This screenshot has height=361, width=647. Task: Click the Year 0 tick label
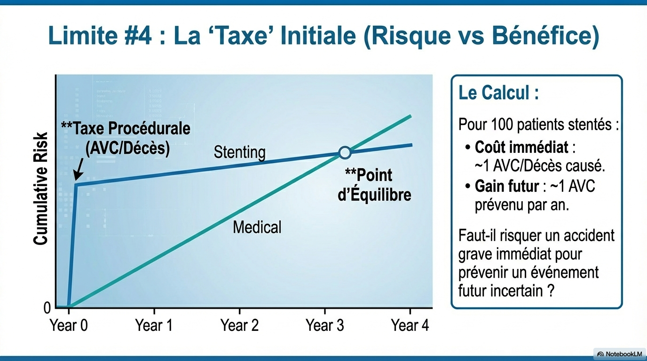(69, 325)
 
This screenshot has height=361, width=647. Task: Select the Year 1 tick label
(154, 325)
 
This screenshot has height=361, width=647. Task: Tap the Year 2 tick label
(240, 325)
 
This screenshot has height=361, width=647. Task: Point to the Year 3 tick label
(325, 325)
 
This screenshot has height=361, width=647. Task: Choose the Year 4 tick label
(410, 325)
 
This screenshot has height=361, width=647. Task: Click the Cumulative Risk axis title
(41, 188)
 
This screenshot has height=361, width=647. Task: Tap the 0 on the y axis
(47, 308)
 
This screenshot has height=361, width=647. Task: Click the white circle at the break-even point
(345, 152)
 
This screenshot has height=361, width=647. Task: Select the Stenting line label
(239, 152)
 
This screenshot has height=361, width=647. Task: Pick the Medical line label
(257, 228)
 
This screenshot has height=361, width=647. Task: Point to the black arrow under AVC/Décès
(78, 170)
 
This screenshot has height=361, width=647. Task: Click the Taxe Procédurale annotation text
(126, 138)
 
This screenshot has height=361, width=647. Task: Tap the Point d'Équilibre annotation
(375, 185)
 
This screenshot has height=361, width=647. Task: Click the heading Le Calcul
(498, 93)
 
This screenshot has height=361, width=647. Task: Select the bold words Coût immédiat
(521, 148)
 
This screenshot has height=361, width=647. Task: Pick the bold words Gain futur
(506, 186)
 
